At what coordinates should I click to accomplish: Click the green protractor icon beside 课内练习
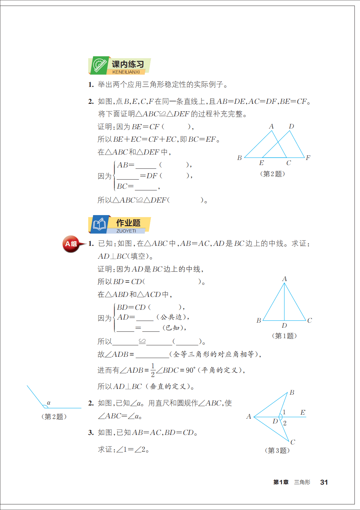coord(99,65)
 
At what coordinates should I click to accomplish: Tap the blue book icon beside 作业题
coord(99,224)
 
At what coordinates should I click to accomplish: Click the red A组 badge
coord(71,244)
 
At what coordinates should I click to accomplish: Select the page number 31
coord(324,482)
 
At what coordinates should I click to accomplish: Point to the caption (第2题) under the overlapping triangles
coord(272,174)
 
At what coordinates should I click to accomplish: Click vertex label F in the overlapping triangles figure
coord(308,158)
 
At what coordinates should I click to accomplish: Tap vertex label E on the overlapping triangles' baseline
coord(261,163)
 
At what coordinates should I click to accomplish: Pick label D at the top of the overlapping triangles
coord(291,126)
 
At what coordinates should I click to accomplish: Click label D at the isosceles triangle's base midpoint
coord(284,325)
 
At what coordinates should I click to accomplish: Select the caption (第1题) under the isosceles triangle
coord(284,336)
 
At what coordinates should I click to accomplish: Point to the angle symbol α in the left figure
coord(49,403)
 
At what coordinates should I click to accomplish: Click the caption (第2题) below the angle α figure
coord(54,417)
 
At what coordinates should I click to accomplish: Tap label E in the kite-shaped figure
coord(303,413)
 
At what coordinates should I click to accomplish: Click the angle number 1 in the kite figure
coord(284,412)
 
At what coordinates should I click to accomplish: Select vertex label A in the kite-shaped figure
coord(249,417)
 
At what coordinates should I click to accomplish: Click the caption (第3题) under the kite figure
coord(277,450)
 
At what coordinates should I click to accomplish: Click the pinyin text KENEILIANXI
coord(126,72)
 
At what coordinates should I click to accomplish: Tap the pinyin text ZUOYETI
coord(126,231)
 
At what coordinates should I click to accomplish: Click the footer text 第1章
coord(281,482)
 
